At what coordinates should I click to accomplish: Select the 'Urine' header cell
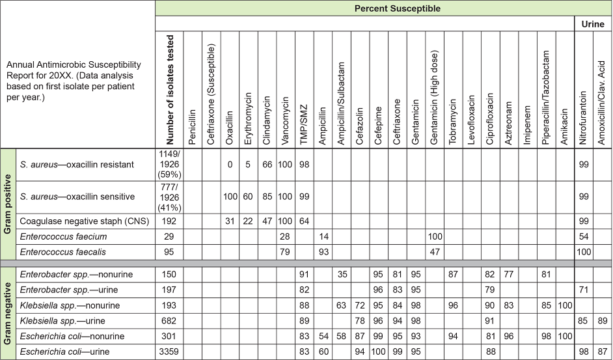point(593,24)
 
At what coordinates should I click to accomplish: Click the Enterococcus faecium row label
point(63,236)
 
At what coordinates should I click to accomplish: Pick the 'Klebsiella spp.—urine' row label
point(62,321)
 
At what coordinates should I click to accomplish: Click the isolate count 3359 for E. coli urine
point(170,352)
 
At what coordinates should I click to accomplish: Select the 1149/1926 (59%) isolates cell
point(170,165)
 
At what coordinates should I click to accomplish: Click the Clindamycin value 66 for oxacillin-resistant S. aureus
point(267,165)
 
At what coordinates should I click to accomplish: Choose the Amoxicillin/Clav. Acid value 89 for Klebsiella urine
point(603,321)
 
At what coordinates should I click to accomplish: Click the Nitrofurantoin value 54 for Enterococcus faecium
point(584,236)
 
